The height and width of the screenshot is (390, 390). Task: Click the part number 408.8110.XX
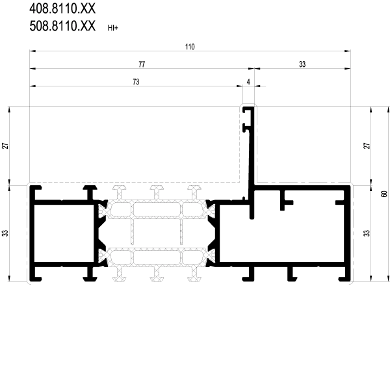(62, 8)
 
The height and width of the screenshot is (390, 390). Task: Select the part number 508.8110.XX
(62, 26)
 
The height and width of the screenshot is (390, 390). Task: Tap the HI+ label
(113, 28)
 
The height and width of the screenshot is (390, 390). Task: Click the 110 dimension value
(190, 47)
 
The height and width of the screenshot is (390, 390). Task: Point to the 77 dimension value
(142, 64)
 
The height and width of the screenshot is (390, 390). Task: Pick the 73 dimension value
(136, 82)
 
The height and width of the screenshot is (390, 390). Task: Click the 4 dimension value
(248, 82)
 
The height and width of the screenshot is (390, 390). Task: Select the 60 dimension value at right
(384, 194)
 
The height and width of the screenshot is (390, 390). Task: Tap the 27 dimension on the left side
(5, 146)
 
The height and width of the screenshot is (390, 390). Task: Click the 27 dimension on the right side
(367, 146)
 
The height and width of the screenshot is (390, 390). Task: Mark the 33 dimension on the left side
(5, 233)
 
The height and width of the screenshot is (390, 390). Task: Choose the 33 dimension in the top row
(302, 64)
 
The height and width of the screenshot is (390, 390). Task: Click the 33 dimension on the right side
(367, 233)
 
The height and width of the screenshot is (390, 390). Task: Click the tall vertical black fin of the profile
(252, 159)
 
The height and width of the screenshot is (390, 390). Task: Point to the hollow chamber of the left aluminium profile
(64, 233)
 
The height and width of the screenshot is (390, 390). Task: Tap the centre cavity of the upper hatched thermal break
(157, 209)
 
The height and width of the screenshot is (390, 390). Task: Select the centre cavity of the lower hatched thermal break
(157, 257)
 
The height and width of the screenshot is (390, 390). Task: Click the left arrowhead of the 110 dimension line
(32, 51)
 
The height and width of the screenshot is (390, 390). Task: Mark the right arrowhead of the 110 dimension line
(348, 51)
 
